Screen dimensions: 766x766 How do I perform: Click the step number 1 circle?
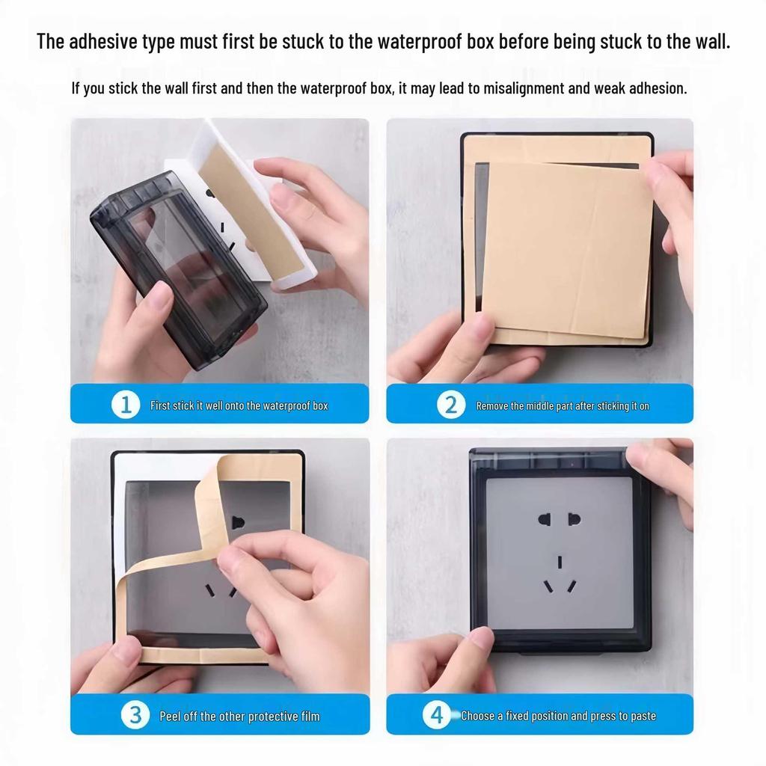click(126, 405)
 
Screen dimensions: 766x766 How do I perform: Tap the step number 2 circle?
click(450, 405)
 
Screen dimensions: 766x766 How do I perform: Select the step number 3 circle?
click(135, 715)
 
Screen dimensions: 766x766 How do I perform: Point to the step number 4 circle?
click(437, 715)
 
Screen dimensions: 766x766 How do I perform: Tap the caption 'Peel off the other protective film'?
click(239, 716)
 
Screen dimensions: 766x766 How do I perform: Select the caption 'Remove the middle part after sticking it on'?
click(563, 406)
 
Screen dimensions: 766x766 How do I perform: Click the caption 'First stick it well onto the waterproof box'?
click(239, 406)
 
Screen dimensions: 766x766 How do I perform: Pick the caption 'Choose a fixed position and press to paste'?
click(558, 716)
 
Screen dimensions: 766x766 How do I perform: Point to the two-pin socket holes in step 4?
click(559, 518)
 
